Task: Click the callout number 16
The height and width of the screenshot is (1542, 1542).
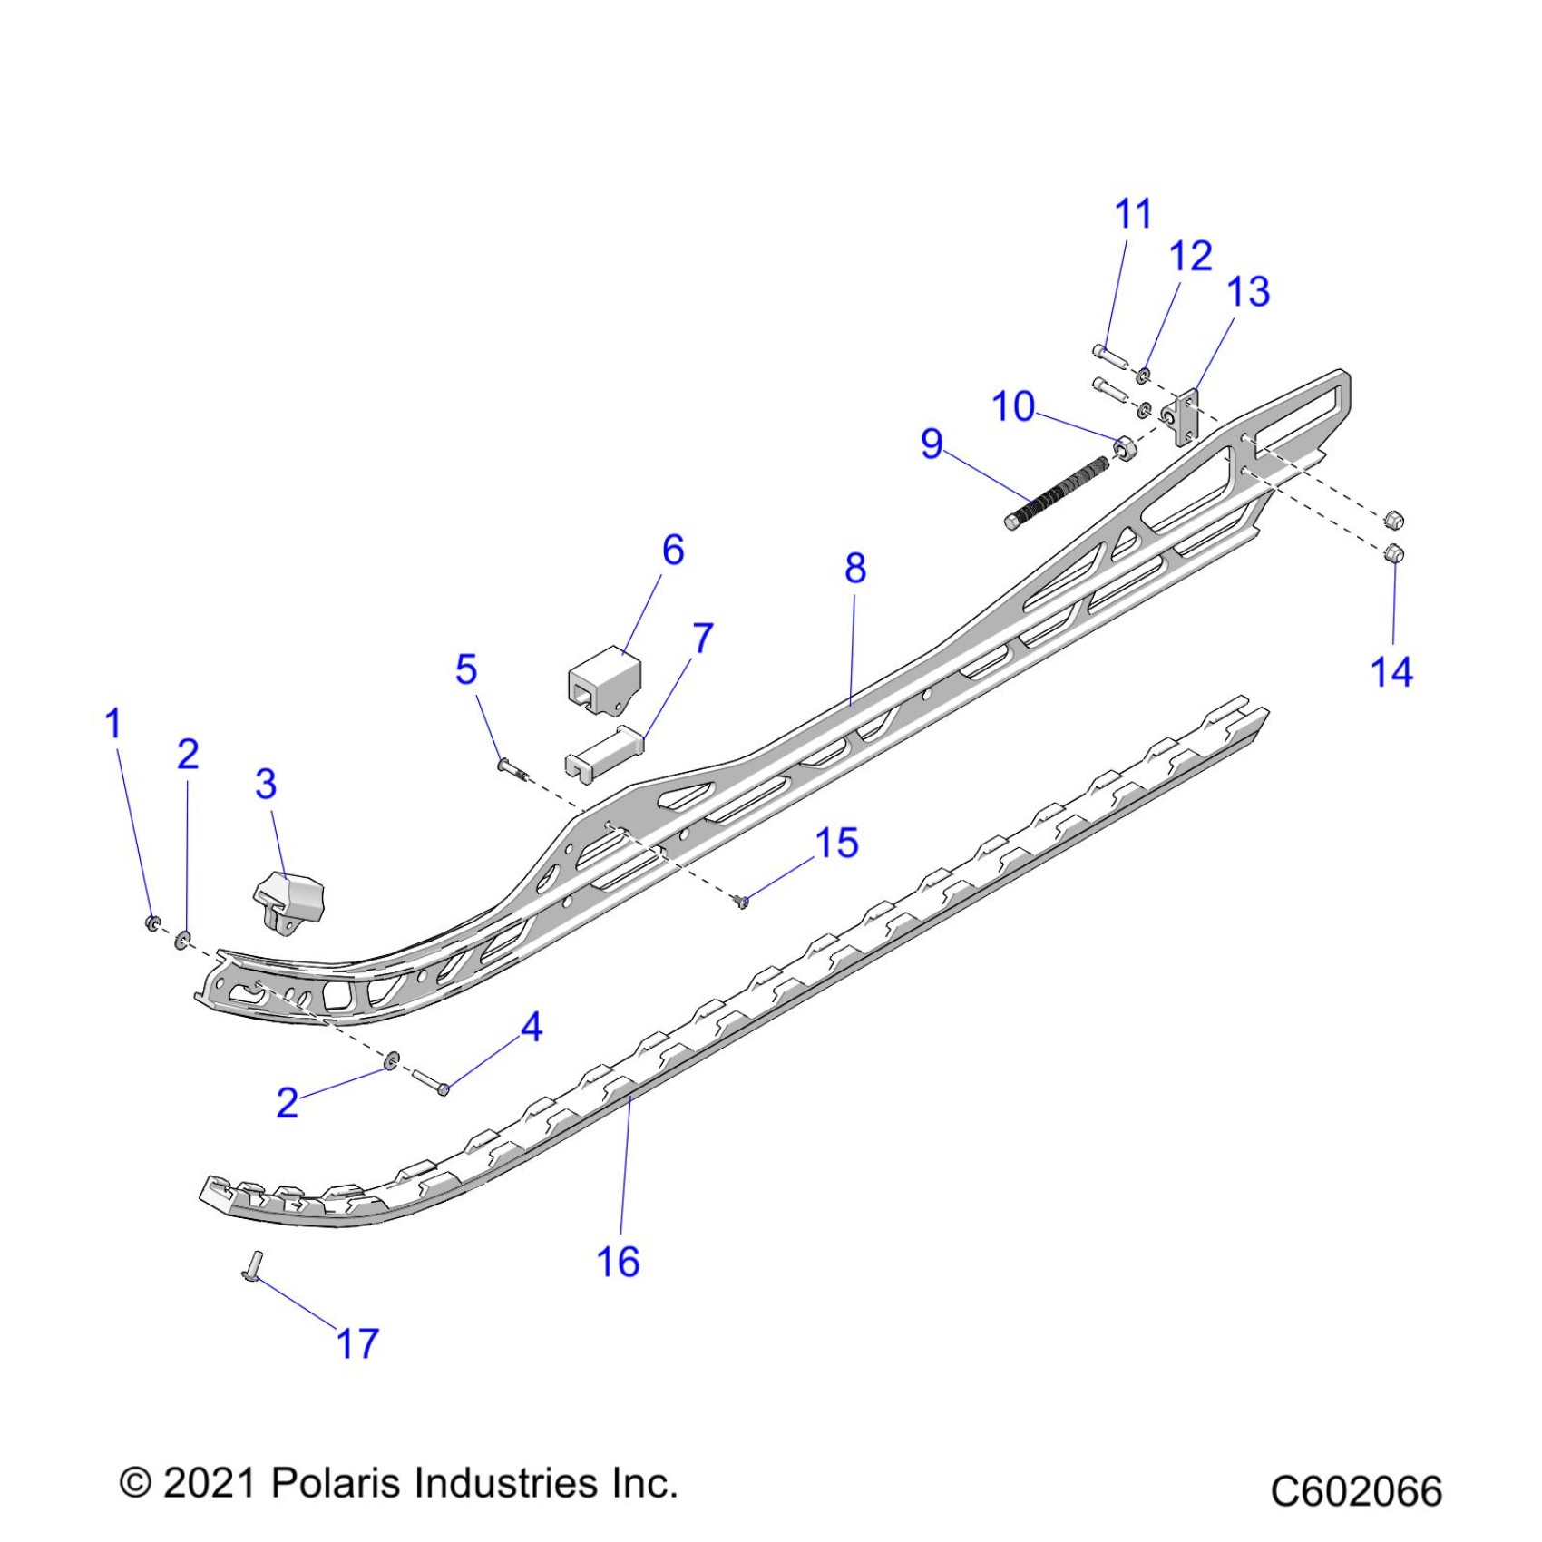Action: point(618,1261)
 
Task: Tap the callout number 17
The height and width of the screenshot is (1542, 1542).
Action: point(357,1342)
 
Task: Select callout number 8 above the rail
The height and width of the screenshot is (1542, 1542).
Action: point(855,569)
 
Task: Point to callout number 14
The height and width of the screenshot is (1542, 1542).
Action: point(1391,672)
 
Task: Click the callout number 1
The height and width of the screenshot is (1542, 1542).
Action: point(113,724)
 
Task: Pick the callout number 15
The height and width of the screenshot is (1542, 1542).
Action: point(836,844)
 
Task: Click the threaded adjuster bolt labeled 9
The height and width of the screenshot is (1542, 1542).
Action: point(1058,494)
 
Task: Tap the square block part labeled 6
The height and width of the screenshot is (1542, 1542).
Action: point(591,679)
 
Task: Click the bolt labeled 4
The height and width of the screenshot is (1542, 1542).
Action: point(430,1080)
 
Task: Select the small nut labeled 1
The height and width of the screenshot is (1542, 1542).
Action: point(152,923)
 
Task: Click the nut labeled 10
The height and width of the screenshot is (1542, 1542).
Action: point(1124,448)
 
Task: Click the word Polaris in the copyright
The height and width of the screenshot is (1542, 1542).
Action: point(336,1483)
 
